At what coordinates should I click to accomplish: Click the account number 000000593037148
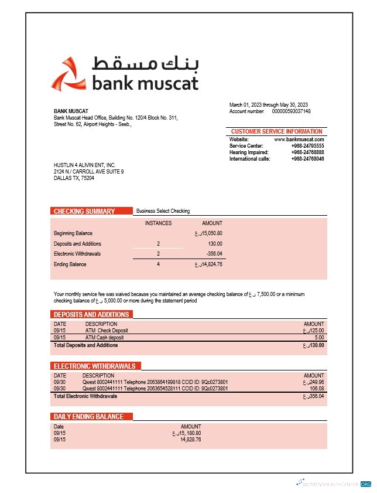(291, 111)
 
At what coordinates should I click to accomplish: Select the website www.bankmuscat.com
(299, 140)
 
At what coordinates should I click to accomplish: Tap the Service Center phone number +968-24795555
(307, 146)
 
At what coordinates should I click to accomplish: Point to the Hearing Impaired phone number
(307, 152)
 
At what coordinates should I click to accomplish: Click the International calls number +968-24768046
(307, 159)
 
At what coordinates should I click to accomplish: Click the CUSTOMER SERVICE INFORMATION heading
(276, 131)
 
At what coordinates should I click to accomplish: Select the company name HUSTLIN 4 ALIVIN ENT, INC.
(84, 165)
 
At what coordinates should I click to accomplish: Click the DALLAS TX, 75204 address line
(74, 178)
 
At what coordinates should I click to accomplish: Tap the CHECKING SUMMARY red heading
(84, 211)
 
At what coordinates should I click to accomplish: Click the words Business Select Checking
(163, 211)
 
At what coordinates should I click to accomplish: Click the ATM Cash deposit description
(105, 338)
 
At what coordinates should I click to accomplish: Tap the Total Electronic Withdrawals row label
(85, 396)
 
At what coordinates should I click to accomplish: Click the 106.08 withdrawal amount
(317, 389)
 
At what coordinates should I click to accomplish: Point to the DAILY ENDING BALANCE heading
(88, 416)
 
